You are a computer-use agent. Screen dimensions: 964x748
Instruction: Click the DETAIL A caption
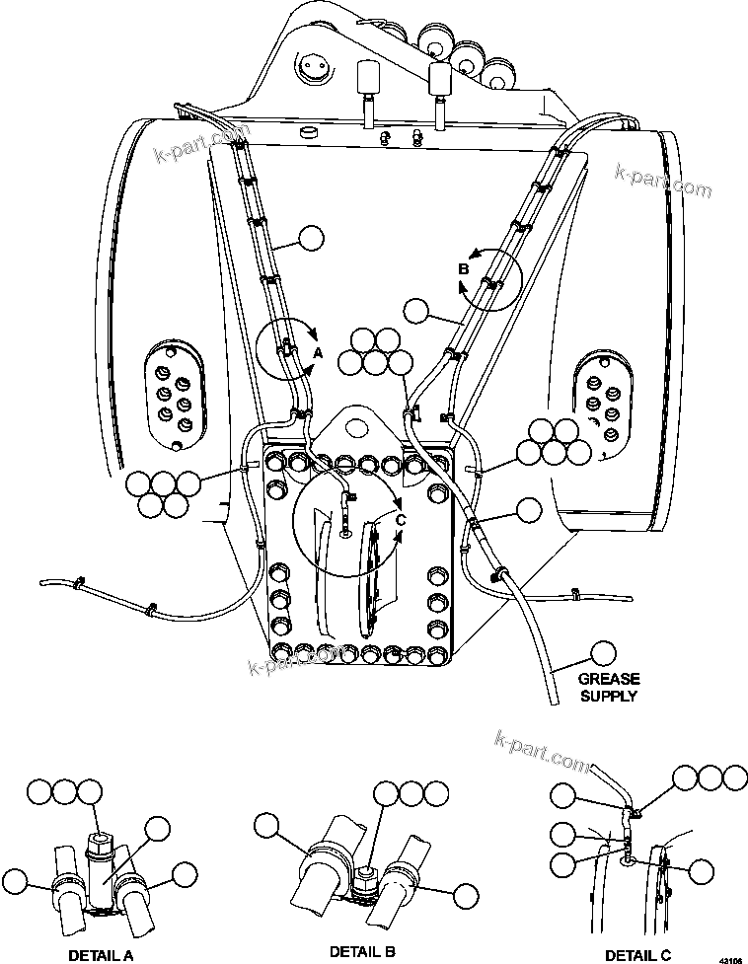tap(100, 955)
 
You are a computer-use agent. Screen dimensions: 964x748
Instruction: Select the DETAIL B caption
tap(364, 951)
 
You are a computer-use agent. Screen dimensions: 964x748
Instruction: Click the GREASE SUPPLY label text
tap(609, 687)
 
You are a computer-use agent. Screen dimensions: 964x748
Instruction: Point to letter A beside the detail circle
tap(318, 351)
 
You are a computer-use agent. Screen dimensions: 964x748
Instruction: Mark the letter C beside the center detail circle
tap(401, 519)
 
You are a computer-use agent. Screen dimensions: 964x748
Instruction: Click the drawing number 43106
tap(731, 958)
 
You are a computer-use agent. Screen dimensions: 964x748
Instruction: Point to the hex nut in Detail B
tap(366, 871)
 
